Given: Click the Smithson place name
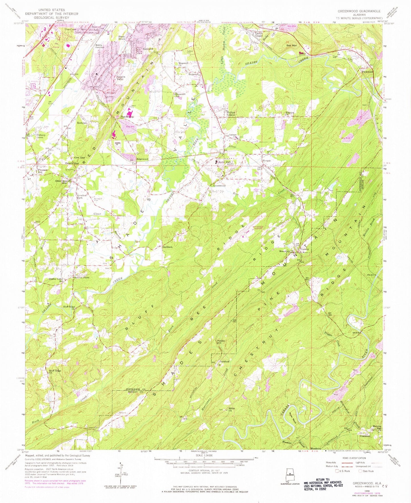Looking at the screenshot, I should click(167, 247).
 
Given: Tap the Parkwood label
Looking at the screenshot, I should click(367, 72).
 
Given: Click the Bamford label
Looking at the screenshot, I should click(224, 362).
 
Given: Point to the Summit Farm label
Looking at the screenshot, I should click(81, 278).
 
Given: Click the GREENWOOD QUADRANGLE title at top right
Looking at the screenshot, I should click(359, 11).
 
